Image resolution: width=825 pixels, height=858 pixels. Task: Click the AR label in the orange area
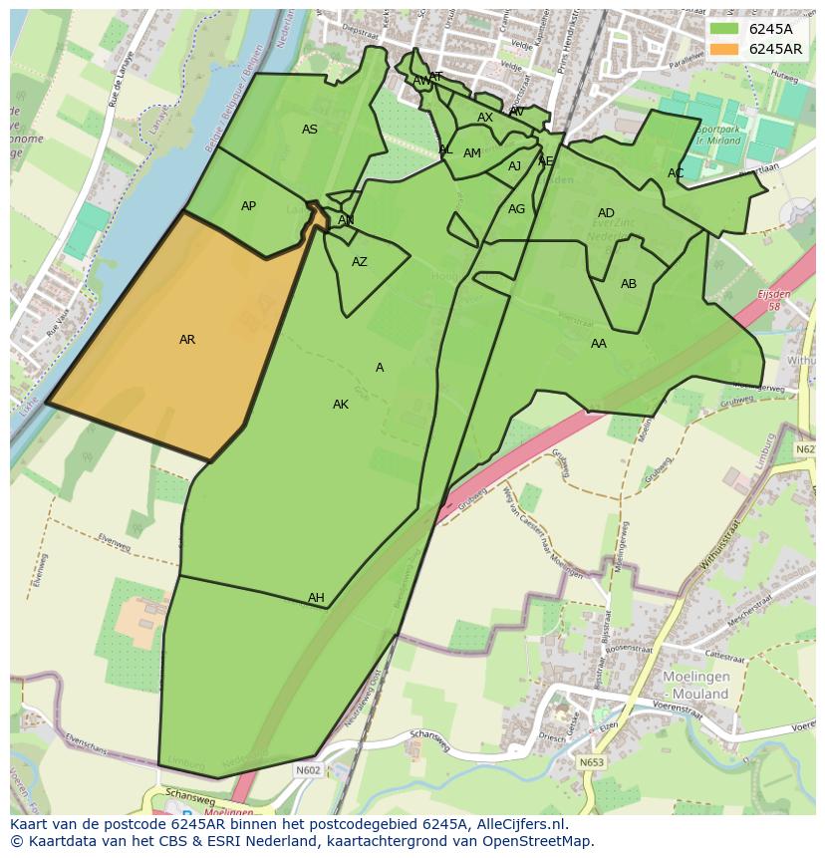tap(187, 340)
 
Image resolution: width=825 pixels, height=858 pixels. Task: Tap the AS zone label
tap(310, 130)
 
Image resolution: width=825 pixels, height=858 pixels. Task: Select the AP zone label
tap(248, 206)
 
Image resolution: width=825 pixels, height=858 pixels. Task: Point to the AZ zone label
tap(360, 262)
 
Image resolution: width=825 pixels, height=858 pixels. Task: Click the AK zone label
tap(341, 405)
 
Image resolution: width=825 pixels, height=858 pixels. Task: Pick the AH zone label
tap(316, 598)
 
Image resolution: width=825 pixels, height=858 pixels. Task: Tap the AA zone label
tap(598, 344)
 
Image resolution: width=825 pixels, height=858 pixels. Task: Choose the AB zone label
tap(629, 284)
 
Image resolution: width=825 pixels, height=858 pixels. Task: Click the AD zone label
tap(606, 213)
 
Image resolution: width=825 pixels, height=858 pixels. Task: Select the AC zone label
tap(676, 173)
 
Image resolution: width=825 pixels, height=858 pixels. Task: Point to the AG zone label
tap(516, 209)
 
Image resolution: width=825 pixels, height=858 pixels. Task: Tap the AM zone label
tap(472, 153)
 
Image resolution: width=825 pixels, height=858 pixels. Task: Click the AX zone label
tap(485, 118)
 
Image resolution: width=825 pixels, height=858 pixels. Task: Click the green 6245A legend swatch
tap(724, 29)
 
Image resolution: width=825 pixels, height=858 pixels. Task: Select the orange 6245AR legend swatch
tap(724, 49)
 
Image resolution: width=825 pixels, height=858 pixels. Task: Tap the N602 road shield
tap(308, 769)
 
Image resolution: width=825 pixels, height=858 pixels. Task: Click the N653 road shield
tap(592, 762)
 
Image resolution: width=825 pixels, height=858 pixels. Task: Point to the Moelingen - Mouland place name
tap(696, 686)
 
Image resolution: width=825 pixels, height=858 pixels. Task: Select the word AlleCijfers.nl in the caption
tap(518, 824)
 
